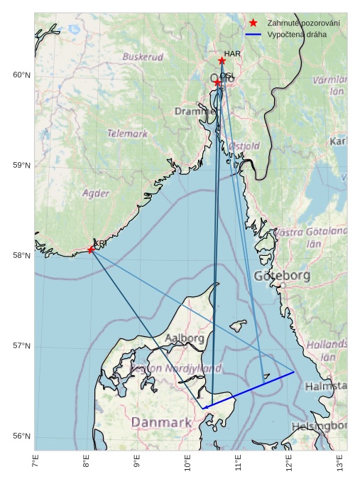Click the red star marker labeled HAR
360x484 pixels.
(222, 61)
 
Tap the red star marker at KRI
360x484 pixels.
(91, 249)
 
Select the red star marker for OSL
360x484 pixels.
(218, 83)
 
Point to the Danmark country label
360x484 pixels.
(162, 423)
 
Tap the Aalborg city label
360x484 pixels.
(185, 339)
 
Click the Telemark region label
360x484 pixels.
(128, 133)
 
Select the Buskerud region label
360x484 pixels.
(143, 57)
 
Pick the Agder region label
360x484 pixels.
(96, 193)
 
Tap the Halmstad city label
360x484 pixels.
(326, 387)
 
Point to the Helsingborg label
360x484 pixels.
(319, 426)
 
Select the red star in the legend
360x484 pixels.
(253, 23)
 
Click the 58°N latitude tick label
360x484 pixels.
(23, 256)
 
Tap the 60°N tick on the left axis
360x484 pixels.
(23, 75)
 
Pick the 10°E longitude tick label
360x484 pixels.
(187, 463)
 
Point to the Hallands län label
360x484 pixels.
(327, 350)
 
